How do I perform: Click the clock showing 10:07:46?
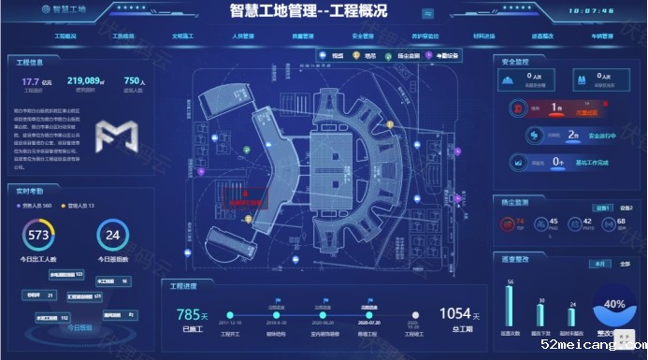click(591, 11)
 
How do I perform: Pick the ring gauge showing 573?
click(39, 235)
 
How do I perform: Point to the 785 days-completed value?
click(190, 315)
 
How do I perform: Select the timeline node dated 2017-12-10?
click(230, 315)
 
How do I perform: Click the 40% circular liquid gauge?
click(614, 304)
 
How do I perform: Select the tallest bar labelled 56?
click(511, 305)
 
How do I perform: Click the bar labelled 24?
click(571, 317)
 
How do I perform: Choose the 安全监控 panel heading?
click(517, 62)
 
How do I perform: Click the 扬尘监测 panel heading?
click(517, 201)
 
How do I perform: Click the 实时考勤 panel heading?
click(32, 190)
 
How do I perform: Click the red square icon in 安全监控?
click(516, 108)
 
